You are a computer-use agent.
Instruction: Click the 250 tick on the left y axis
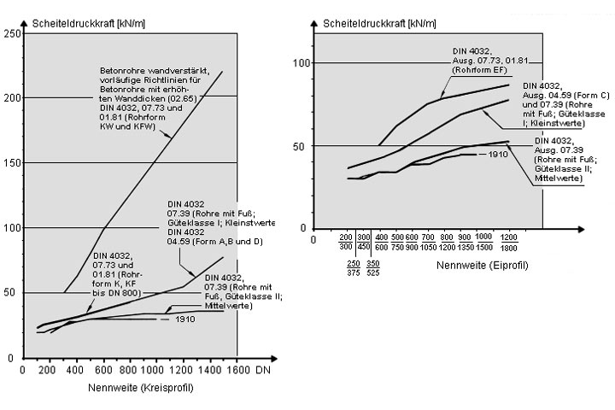click(12, 33)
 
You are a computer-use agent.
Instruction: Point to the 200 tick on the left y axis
click(12, 97)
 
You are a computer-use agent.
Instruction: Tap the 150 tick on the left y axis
click(12, 162)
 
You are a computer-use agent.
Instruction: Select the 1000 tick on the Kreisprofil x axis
click(155, 372)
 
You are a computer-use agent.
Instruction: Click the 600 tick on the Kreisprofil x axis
click(102, 372)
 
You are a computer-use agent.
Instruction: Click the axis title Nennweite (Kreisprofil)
click(140, 389)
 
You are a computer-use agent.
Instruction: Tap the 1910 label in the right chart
click(501, 155)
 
